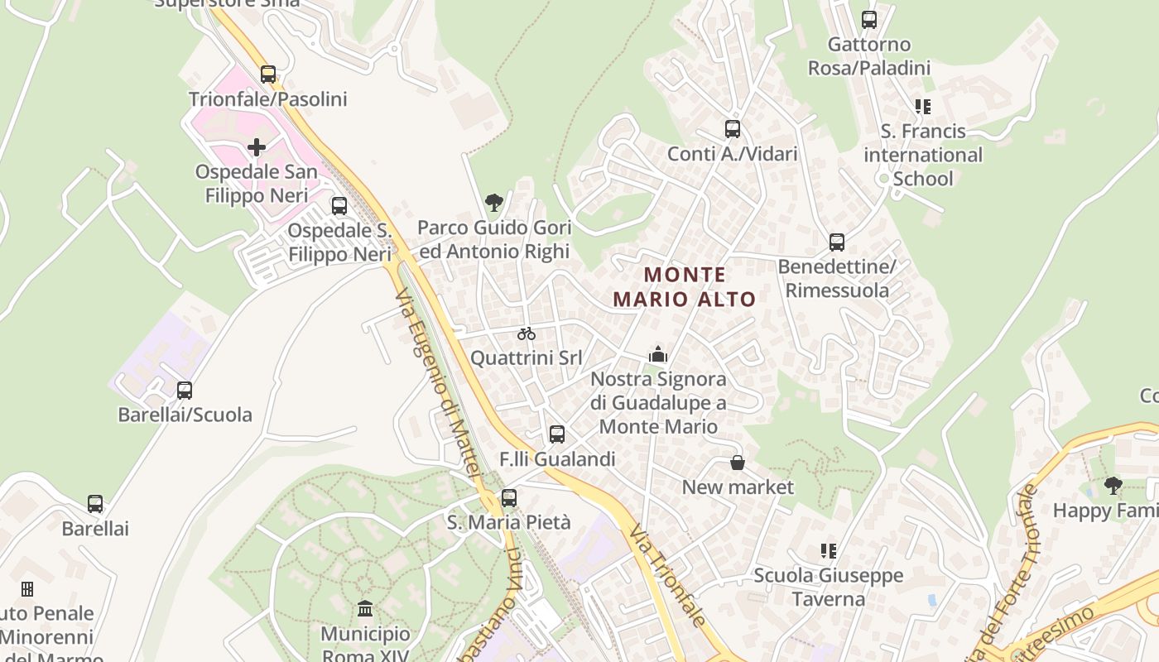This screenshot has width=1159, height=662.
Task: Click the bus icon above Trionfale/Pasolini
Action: tap(267, 74)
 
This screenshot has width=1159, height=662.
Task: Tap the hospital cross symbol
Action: tap(257, 148)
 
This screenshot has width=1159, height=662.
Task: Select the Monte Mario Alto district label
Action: tap(685, 286)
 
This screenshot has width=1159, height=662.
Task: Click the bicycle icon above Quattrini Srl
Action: tap(527, 333)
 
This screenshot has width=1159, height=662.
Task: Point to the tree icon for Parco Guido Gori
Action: tap(494, 202)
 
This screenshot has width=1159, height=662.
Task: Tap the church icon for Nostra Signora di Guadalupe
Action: tap(658, 354)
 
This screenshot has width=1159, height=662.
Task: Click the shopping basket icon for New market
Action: tap(737, 463)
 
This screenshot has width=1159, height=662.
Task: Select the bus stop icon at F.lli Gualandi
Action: tap(557, 434)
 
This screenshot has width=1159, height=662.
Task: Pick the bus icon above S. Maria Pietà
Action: tap(509, 498)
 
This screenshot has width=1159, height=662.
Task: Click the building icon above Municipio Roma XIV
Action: tap(365, 609)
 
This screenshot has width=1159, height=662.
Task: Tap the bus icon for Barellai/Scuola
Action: tap(185, 390)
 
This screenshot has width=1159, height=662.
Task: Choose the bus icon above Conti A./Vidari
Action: tap(733, 129)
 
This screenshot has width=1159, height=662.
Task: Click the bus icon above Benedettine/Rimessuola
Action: tap(837, 242)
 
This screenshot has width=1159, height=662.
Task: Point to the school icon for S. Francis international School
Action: tap(922, 107)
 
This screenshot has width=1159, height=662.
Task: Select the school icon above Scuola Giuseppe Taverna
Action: tap(828, 550)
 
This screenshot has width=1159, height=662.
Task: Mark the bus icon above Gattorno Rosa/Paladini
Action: tap(869, 19)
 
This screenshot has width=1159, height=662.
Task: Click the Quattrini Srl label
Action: tap(527, 358)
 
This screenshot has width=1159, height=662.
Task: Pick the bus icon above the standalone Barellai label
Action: tap(95, 503)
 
